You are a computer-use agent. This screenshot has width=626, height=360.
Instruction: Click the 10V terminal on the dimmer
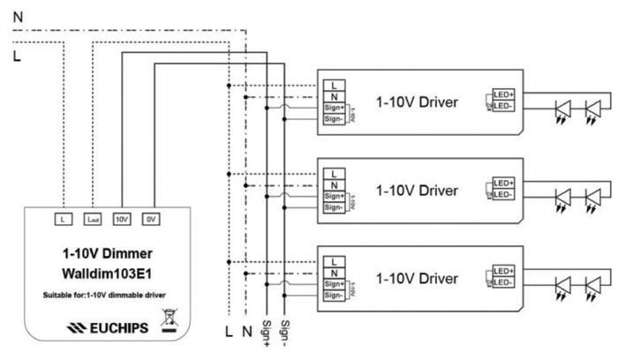(x=122, y=218)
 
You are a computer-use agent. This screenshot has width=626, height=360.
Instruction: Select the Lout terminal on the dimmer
(x=93, y=218)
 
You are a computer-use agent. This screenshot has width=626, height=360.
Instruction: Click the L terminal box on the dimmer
(x=64, y=218)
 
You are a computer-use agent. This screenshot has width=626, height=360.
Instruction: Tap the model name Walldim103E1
(x=109, y=273)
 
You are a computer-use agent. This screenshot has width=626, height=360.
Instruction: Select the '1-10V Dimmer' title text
(x=109, y=253)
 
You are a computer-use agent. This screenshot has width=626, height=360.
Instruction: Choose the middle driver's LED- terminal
(x=502, y=194)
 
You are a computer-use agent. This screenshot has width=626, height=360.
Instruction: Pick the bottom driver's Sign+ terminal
(x=334, y=284)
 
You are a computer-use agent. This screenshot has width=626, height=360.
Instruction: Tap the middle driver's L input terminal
(x=334, y=173)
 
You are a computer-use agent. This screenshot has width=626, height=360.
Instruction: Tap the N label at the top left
(x=18, y=16)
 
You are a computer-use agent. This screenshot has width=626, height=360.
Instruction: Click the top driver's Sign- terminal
(x=334, y=119)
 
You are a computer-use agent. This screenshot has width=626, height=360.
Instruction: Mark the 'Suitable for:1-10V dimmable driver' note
(x=109, y=293)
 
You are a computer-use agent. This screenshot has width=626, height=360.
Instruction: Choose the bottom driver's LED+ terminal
(x=502, y=271)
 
